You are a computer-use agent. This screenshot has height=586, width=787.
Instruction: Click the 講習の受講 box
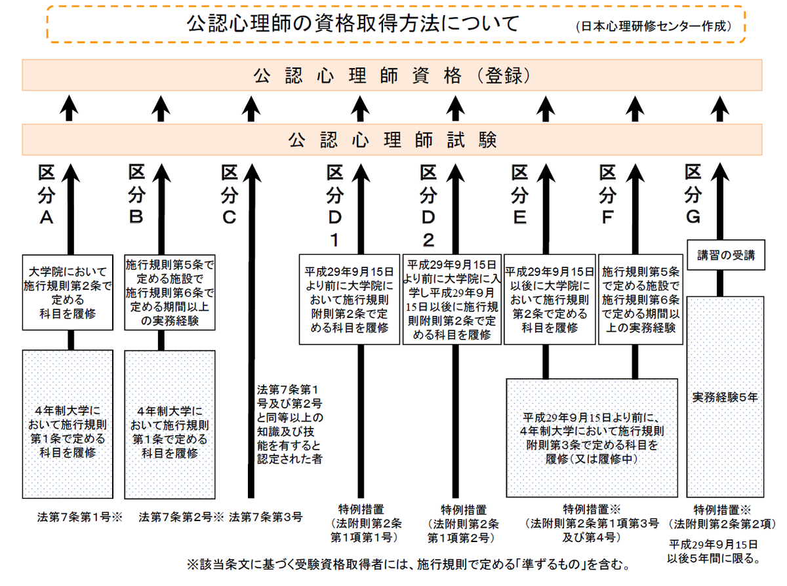[x=725, y=255]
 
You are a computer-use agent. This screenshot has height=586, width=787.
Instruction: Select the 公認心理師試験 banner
[x=392, y=140]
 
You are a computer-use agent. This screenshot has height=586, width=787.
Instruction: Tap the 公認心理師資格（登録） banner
[x=392, y=75]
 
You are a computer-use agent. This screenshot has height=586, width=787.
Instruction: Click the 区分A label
[x=47, y=195]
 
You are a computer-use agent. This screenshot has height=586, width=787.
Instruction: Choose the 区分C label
[x=230, y=195]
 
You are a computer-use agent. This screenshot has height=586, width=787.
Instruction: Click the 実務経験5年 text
[x=725, y=397]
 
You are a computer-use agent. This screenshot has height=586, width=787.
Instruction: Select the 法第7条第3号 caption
[x=266, y=517]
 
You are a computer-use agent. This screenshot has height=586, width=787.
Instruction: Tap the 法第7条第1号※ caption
[x=80, y=517]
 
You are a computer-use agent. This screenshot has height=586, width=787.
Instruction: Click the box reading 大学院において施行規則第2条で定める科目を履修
[x=68, y=292]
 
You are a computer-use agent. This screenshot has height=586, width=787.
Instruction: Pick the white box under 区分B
[x=170, y=292]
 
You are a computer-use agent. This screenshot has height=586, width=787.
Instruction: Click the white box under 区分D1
[x=350, y=300]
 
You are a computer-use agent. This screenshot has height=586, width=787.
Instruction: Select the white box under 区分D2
[x=452, y=300]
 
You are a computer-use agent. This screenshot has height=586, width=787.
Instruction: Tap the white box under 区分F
[x=641, y=300]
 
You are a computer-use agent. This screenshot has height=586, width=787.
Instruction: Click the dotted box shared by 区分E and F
[x=592, y=438]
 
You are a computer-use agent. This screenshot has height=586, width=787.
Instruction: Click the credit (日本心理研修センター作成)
[x=654, y=26]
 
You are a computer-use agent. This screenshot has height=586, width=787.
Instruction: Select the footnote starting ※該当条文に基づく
[x=408, y=564]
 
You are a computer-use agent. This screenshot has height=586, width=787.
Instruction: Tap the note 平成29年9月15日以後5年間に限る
[x=714, y=552]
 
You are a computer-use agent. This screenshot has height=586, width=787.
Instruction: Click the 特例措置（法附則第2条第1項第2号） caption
[x=463, y=524]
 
